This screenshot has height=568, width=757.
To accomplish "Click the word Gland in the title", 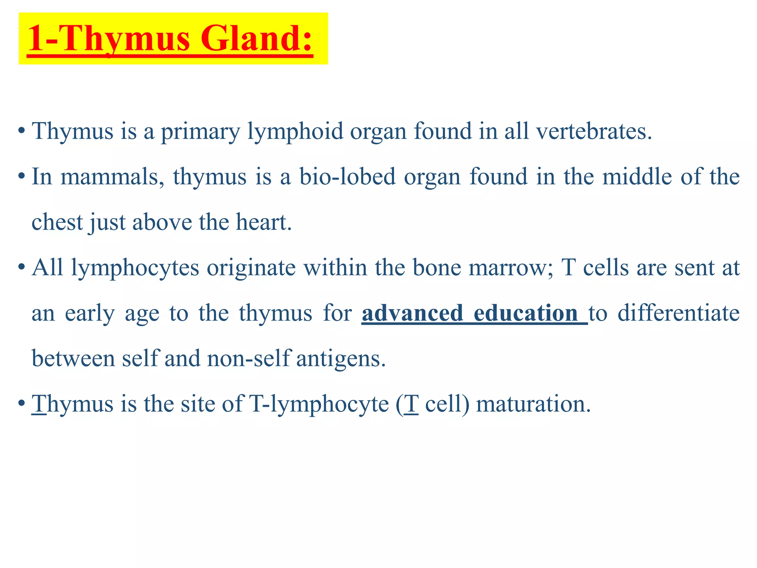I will [x=257, y=39].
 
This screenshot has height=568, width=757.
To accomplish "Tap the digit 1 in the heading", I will [x=37, y=39].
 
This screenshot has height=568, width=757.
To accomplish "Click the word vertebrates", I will [x=594, y=131].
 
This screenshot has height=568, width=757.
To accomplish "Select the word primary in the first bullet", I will [x=200, y=131].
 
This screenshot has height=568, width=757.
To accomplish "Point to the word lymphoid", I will [x=295, y=131].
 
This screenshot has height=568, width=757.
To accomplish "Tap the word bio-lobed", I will [x=347, y=177].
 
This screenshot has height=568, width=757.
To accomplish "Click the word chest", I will [x=57, y=222].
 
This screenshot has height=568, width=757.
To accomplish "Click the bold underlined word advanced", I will [x=412, y=313].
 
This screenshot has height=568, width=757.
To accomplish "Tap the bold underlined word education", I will [x=525, y=313].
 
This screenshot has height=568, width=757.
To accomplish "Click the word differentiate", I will [x=679, y=313].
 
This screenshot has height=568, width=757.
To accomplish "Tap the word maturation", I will [x=533, y=404].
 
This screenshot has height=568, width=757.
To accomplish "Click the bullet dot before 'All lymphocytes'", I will [x=21, y=267].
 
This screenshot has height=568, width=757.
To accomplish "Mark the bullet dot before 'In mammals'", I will [x=21, y=176].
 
